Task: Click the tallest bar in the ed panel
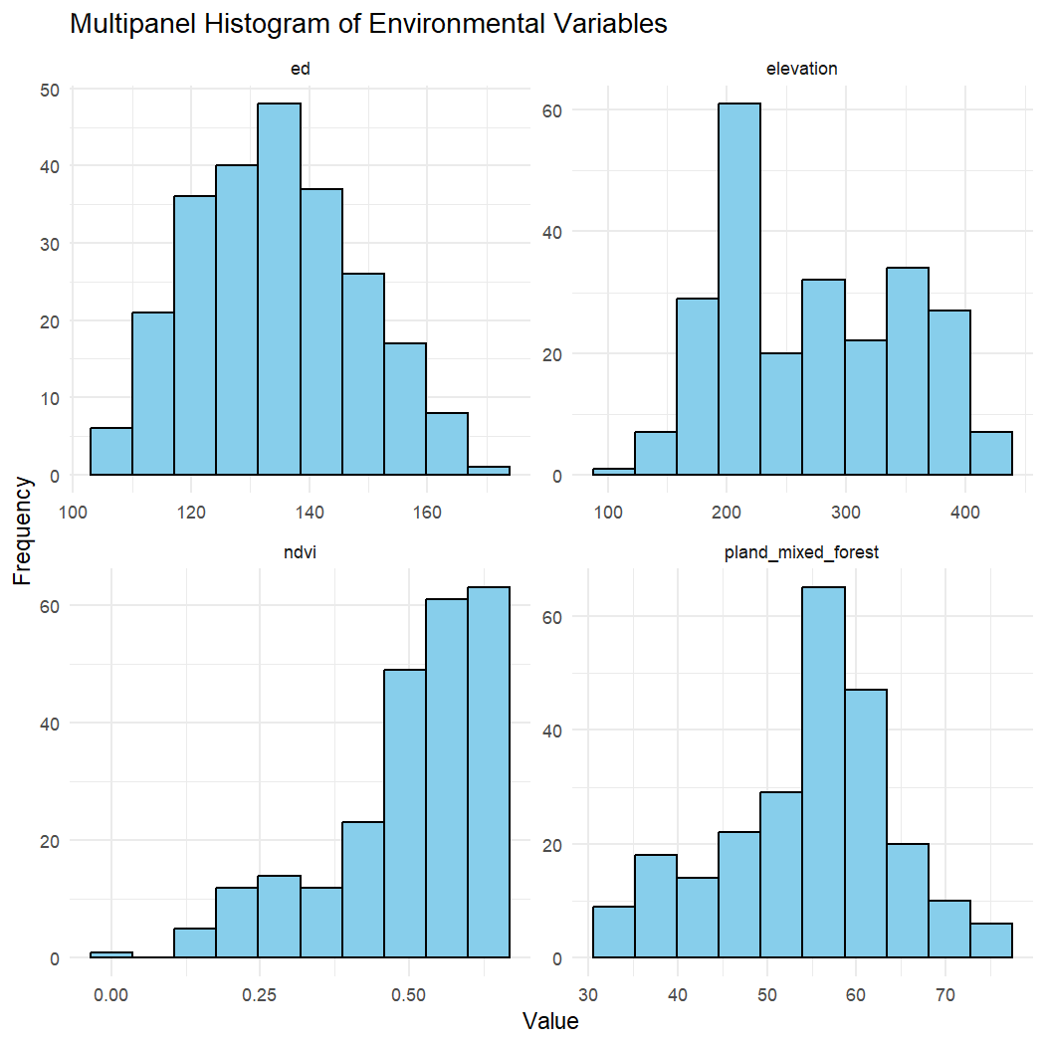pos(279,289)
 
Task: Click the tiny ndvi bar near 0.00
pos(110,954)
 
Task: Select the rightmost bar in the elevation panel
pos(991,454)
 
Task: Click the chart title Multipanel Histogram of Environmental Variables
pos(368,25)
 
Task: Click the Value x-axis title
pos(549,1022)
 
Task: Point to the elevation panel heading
pos(802,69)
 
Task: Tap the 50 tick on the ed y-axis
pos(49,90)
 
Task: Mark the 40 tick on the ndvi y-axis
pos(49,724)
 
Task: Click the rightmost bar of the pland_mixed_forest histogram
pos(991,940)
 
